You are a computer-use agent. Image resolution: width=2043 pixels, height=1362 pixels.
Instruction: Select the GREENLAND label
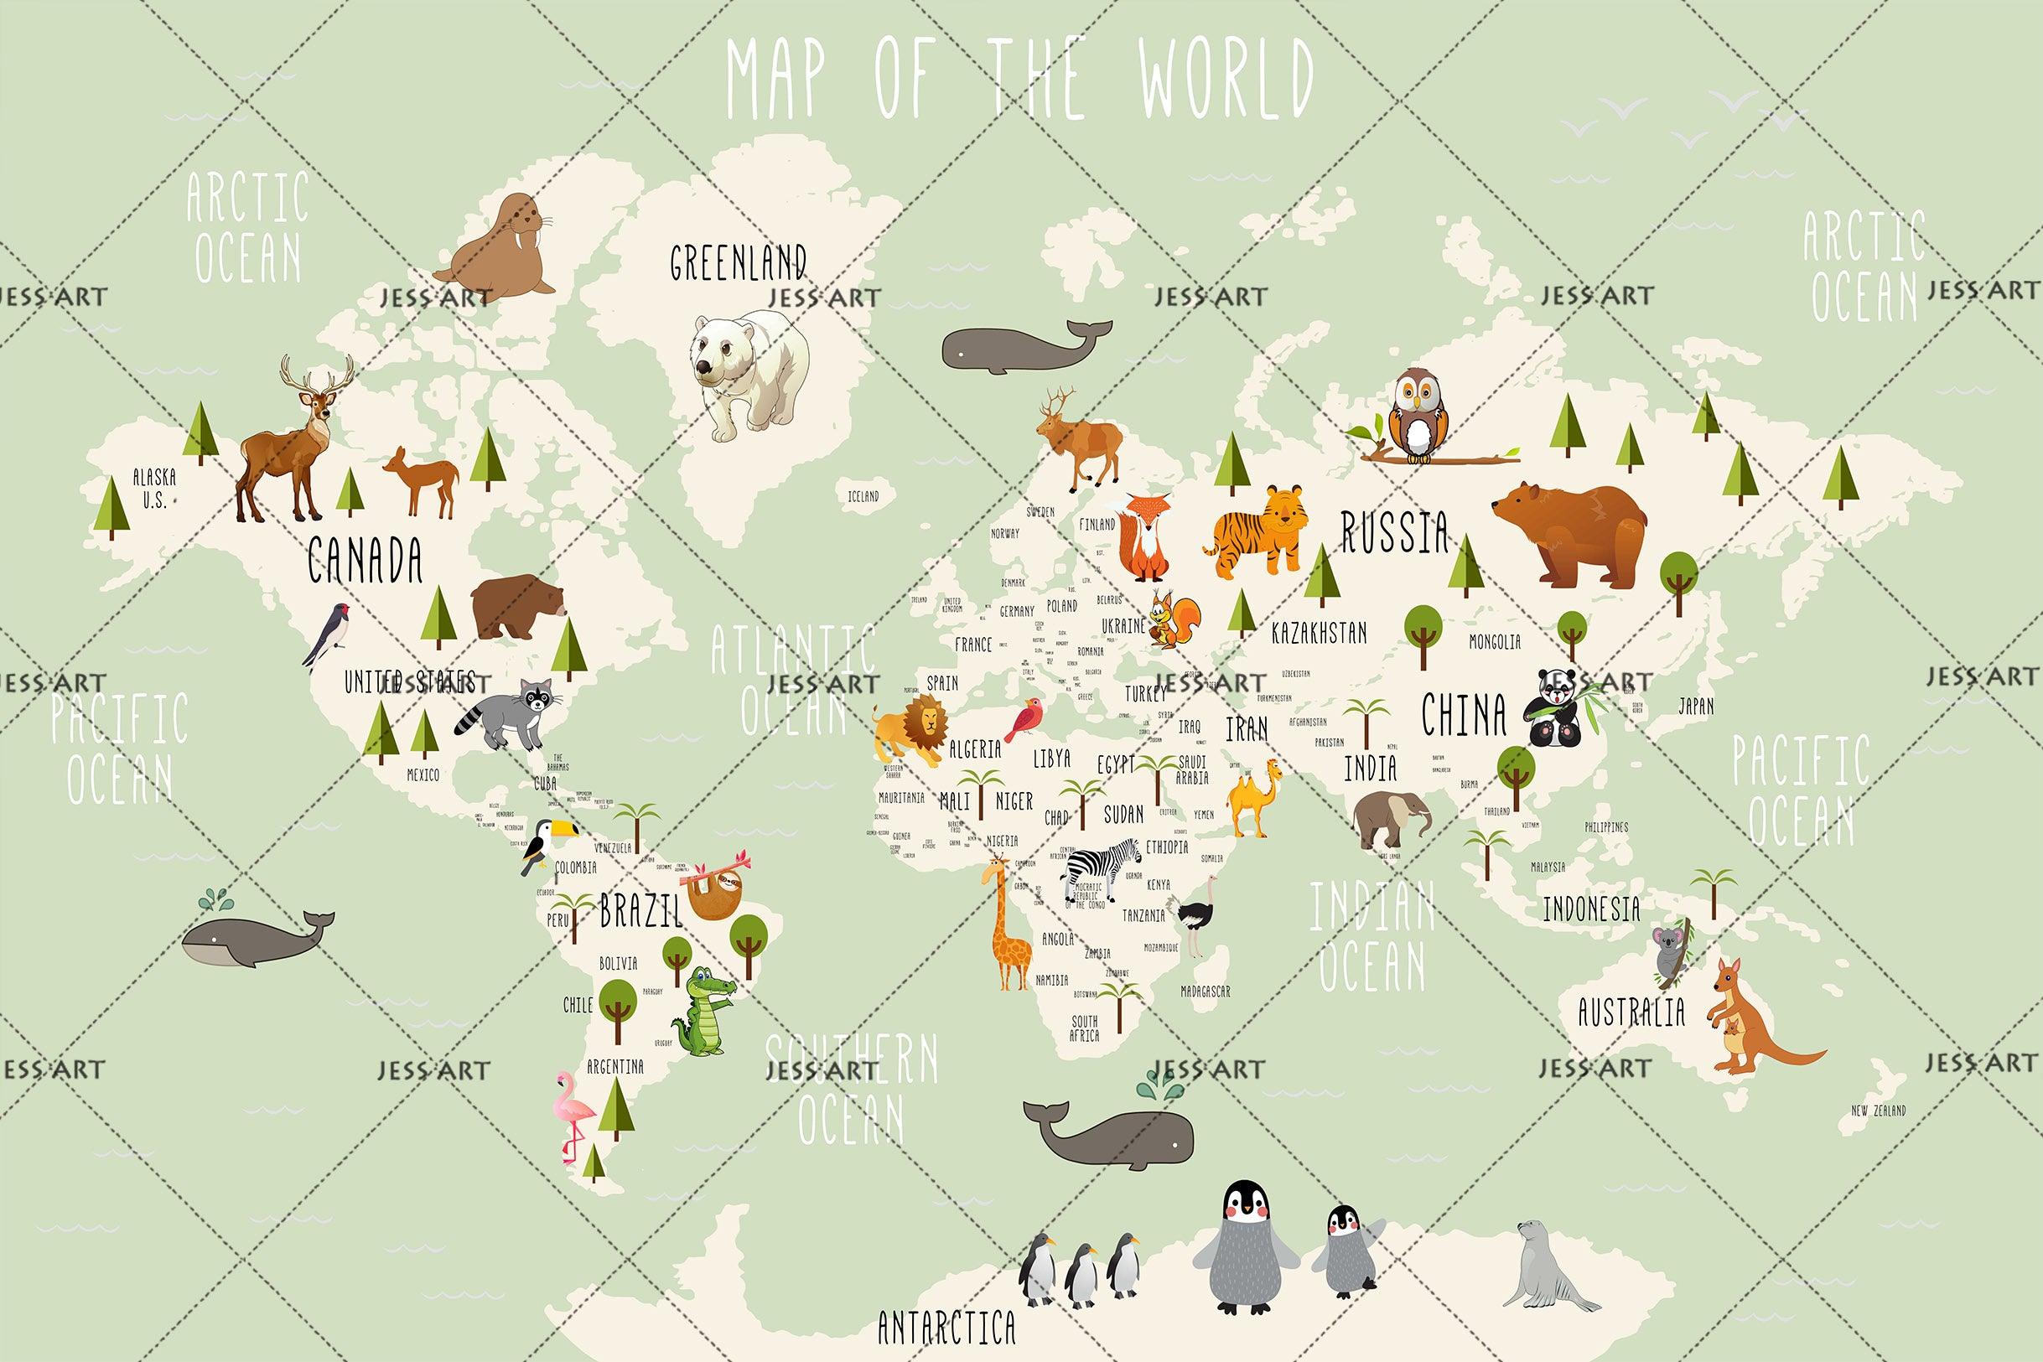738,262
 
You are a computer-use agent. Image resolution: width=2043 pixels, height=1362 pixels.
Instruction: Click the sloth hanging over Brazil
712,892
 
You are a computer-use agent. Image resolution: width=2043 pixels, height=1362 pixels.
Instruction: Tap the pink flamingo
573,1116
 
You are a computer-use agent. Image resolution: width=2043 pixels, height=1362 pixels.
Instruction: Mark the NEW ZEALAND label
1878,1111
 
